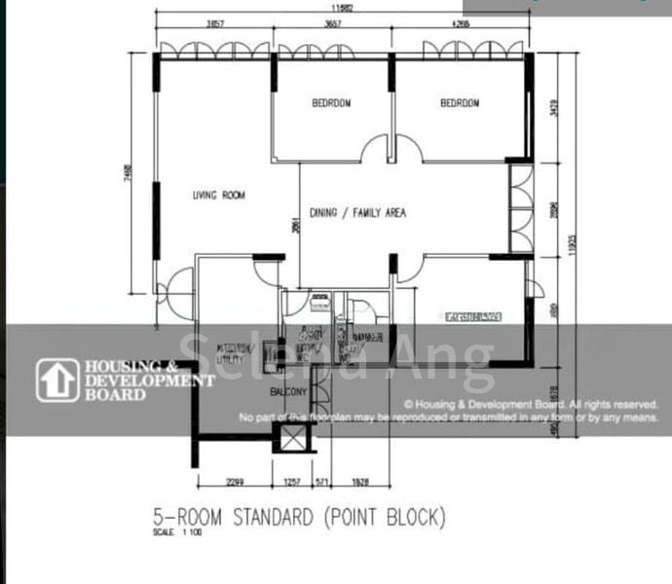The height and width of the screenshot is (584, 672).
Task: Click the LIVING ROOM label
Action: point(218,196)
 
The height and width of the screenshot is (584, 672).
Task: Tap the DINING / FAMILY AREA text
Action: point(357,213)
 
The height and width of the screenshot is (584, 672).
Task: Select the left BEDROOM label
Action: point(331,103)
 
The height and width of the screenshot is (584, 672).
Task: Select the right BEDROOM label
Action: point(460,103)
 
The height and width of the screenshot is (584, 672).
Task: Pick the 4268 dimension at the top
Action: point(460,23)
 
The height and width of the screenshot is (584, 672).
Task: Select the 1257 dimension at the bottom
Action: point(292,482)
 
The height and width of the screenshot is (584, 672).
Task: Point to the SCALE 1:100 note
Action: point(173,532)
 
